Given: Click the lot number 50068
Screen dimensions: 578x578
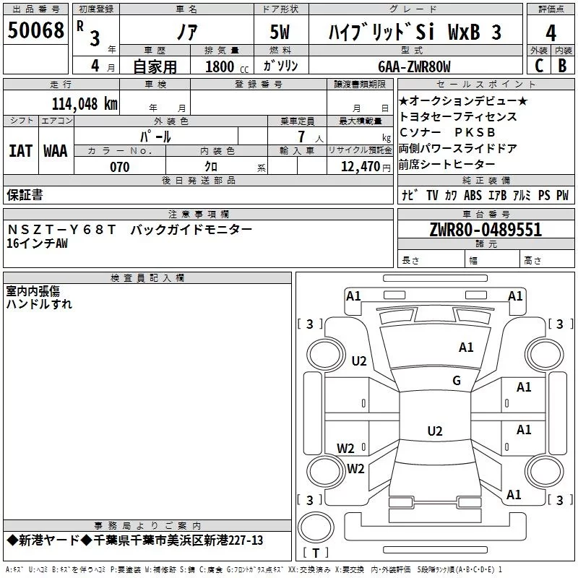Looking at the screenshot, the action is coord(35,30).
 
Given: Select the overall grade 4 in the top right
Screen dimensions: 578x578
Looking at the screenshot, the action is coord(551,33).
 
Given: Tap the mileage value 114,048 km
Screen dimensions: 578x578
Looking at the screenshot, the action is coord(85,104).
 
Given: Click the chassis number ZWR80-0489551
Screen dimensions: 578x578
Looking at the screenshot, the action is coord(486,230).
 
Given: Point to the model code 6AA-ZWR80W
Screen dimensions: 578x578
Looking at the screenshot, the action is coord(414,66).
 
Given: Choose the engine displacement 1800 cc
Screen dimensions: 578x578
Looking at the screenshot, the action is coord(227,66).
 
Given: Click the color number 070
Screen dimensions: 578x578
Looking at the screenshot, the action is coord(120,167).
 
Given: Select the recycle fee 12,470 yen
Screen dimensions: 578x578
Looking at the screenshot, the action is coord(366,167).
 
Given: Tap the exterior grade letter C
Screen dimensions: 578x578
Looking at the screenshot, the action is coord(539,66).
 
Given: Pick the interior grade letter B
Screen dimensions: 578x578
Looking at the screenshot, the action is coord(562,66).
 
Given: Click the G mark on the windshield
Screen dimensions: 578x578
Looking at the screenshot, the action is coord(457,380).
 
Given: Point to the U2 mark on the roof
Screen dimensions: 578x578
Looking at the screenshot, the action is coord(435,431).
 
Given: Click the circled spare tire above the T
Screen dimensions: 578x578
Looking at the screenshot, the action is coord(316,527).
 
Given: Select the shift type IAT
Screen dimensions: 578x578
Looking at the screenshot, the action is coord(21,151).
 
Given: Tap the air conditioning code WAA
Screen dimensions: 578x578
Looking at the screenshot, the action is coord(56,151).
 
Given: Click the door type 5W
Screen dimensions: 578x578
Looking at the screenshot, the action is coord(280,32).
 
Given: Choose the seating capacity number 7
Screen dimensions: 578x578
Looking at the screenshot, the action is coord(301,137).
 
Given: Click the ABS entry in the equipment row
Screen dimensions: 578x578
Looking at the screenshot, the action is coord(473,195).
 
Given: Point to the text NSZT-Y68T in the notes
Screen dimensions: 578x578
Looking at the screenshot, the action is coord(61,230).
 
